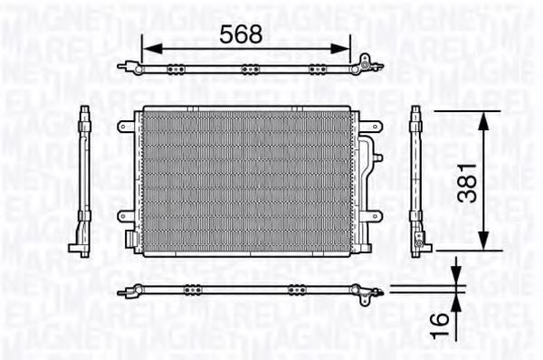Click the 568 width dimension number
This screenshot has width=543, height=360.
[x=241, y=33]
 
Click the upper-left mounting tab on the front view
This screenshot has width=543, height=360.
[x=125, y=127]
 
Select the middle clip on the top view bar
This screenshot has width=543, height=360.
[x=250, y=69]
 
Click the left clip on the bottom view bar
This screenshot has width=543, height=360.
[x=192, y=290]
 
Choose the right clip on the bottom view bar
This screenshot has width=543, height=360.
[x=294, y=290]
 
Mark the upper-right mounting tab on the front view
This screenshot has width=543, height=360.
[x=371, y=126]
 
